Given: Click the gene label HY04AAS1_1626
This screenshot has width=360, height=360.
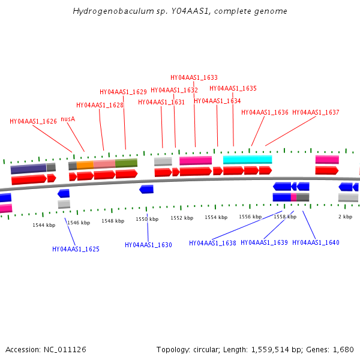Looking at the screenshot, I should tap(33, 121).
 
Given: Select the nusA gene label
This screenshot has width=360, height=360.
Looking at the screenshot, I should tap(68, 119).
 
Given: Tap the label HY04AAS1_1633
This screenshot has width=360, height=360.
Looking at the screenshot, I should tap(194, 77).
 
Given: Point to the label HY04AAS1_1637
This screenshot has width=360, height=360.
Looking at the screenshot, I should tap(316, 112).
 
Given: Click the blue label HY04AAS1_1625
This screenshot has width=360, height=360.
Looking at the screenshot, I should tap(76, 249).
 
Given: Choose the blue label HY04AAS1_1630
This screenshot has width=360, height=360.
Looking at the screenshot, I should tap(148, 245).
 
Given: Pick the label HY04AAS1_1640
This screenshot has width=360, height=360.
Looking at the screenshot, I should tap(316, 243).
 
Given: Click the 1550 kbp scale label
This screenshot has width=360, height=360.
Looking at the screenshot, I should tap(147, 220).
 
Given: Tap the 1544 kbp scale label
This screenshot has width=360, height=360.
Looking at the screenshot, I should tap(44, 225).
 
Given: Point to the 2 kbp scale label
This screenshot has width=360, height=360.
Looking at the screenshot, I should tap(345, 217).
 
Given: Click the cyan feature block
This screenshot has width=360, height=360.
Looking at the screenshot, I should tap(247, 160).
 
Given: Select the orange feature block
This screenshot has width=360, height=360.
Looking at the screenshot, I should tap(85, 164).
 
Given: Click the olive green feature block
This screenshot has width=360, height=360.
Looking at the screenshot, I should tap(126, 163).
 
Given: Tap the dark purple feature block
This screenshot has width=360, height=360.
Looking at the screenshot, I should tap(28, 168).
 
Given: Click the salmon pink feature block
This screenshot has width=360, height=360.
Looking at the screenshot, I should tap(104, 163).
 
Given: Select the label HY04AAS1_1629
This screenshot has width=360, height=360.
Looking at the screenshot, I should tap(123, 92).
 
